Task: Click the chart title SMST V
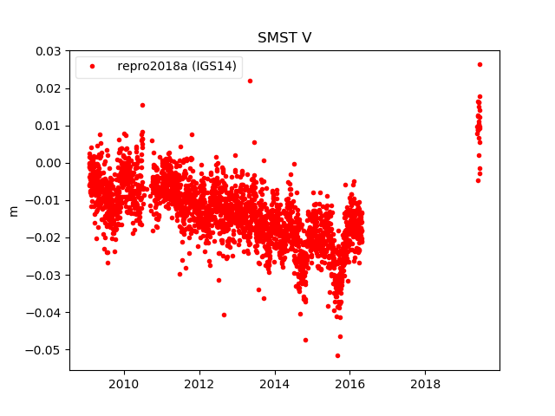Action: click(x=284, y=38)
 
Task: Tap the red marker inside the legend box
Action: click(x=94, y=67)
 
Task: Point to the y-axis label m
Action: click(x=13, y=211)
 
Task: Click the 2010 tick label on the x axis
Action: click(x=124, y=384)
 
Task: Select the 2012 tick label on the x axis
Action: click(x=199, y=384)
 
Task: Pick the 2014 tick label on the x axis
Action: click(x=275, y=384)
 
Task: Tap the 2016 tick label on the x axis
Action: click(x=350, y=384)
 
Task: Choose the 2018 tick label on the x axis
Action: click(x=425, y=384)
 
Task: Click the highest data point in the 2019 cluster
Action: click(x=480, y=64)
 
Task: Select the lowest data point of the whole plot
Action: click(x=337, y=355)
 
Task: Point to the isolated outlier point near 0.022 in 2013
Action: click(x=250, y=81)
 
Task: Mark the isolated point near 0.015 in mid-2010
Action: click(x=142, y=105)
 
